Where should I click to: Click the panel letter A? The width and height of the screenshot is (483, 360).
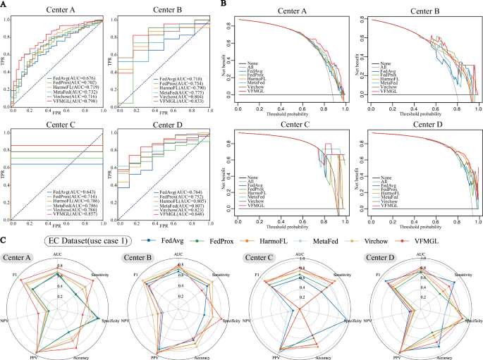point(5,5)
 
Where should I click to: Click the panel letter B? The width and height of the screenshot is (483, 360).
point(224,5)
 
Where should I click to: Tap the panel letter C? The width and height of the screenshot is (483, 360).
point(5,239)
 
